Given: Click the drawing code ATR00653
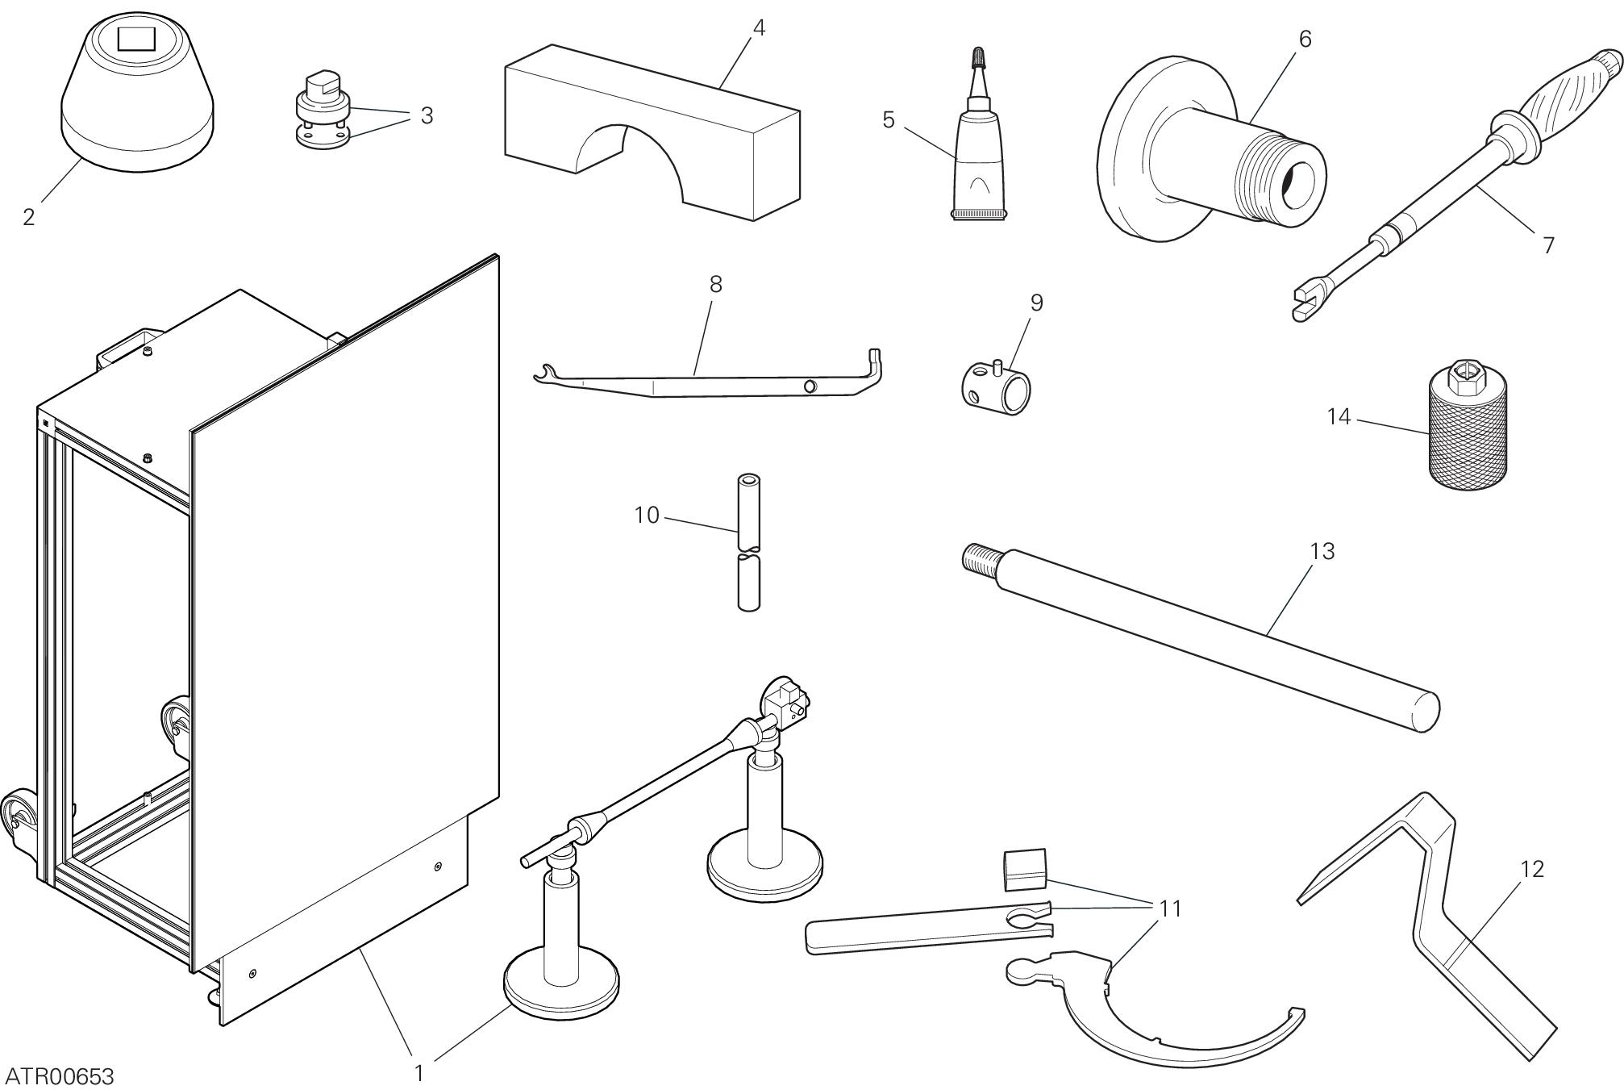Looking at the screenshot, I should (x=60, y=1076).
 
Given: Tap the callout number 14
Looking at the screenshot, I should (x=1338, y=417).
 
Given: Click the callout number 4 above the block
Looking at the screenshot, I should (x=758, y=27).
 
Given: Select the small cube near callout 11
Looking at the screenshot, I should (x=1024, y=871).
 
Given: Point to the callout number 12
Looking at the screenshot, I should (x=1531, y=869).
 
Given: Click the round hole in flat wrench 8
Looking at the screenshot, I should (x=809, y=387).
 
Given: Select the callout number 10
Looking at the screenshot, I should (x=647, y=515).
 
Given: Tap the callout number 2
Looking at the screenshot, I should (x=29, y=217).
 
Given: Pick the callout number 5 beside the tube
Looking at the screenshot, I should (x=888, y=120).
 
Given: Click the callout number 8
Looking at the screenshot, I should (x=715, y=284).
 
